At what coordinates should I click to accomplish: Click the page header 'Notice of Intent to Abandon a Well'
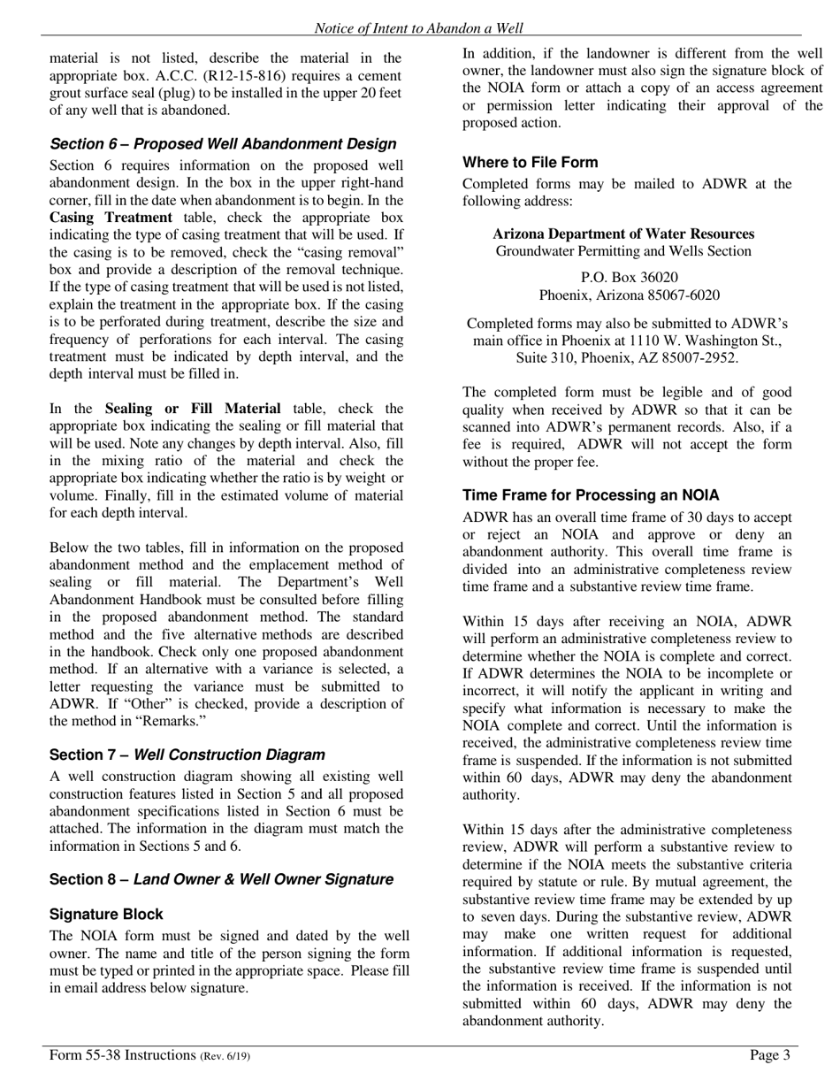pos(418,28)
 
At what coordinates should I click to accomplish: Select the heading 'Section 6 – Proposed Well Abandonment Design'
pos(223,144)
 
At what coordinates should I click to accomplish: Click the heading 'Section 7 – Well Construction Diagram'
pos(187,755)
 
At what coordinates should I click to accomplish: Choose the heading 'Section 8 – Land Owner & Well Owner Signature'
pos(221,880)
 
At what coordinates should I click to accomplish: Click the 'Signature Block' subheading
pos(106,915)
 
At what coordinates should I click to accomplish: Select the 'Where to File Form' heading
pos(530,163)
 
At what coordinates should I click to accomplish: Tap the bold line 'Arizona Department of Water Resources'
pos(623,234)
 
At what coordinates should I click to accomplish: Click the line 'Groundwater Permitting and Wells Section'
pos(623,252)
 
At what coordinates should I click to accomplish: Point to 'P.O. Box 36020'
pos(629,278)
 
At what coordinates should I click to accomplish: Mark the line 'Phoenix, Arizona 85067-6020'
pos(629,295)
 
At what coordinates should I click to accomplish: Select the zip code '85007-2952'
pos(703,358)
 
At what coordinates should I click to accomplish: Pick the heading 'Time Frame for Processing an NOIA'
pos(591,496)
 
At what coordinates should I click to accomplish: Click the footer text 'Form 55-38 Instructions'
pos(122,1055)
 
